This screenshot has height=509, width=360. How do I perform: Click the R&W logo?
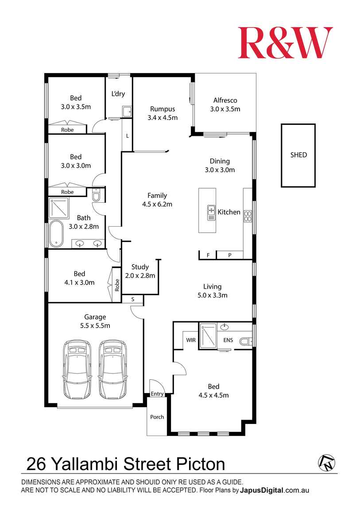285,43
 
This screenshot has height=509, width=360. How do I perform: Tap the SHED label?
298,155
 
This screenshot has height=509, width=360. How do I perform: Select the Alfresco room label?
225,100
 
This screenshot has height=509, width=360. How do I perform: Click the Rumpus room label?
163,109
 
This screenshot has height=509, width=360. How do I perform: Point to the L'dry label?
118,94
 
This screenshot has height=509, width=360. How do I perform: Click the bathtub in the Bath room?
57,234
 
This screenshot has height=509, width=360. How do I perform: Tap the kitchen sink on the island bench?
211,212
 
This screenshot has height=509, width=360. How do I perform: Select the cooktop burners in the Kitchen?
248,216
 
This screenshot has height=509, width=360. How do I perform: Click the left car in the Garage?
77,370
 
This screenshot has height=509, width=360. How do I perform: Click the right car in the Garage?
112,370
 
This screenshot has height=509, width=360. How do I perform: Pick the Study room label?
140,267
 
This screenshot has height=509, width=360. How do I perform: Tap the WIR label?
191,340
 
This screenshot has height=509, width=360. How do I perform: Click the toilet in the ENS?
245,341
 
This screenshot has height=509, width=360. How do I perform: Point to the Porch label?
157,417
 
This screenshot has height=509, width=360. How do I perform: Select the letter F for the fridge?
208,255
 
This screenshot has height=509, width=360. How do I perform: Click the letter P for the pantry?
230,255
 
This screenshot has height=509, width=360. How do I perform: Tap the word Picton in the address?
201,464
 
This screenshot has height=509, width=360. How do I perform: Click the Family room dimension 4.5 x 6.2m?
157,204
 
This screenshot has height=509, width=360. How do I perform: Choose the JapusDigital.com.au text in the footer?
275,490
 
